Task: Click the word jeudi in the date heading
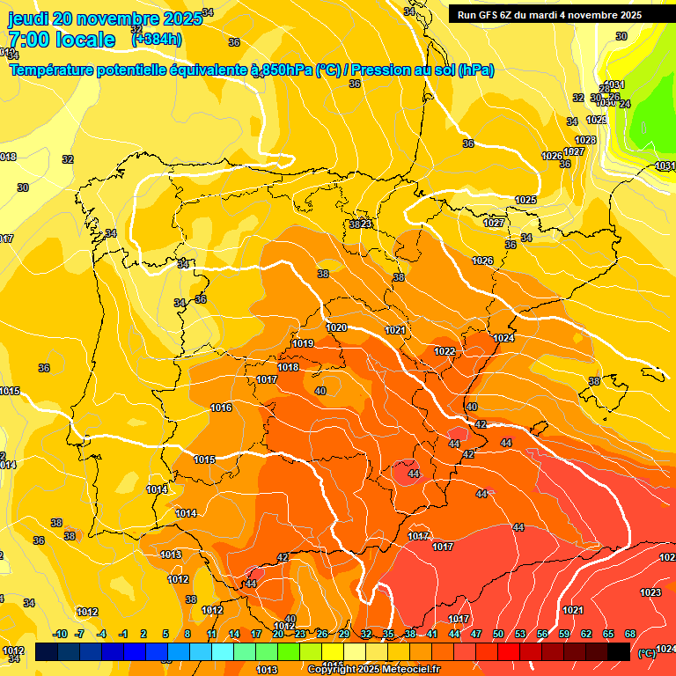click(x=27, y=18)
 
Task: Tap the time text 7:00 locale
click(x=62, y=40)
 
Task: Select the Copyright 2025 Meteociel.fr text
click(x=373, y=669)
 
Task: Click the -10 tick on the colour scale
click(x=59, y=634)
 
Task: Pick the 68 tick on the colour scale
click(x=630, y=634)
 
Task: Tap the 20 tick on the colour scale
click(x=278, y=634)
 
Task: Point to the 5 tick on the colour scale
click(x=165, y=634)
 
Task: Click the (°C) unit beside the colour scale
click(x=646, y=652)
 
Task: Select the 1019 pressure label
click(x=303, y=343)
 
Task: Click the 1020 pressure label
click(x=336, y=327)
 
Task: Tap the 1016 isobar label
click(x=221, y=408)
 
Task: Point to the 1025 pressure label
click(x=525, y=201)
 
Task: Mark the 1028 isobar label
click(x=585, y=140)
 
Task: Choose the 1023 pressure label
click(x=650, y=592)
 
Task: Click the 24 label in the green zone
click(x=625, y=104)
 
